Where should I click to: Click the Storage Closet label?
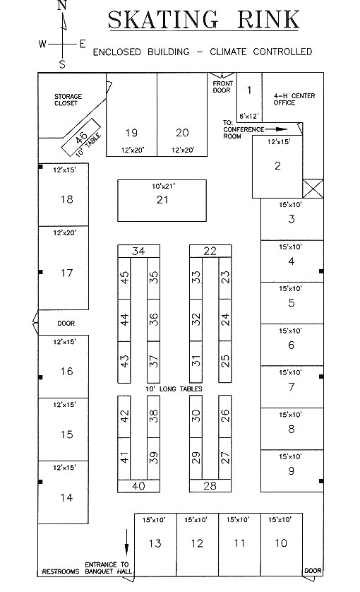pyautogui.click(x=68, y=100)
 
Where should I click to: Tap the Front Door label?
pyautogui.click(x=222, y=87)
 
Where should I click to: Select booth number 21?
pyautogui.click(x=162, y=200)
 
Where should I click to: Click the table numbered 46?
pyautogui.click(x=81, y=136)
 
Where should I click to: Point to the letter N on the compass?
pyautogui.click(x=62, y=5)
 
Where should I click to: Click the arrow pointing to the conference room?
pyautogui.click(x=277, y=129)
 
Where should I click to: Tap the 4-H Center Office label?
pyautogui.click(x=294, y=99)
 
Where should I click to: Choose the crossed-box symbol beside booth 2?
pyautogui.click(x=313, y=189)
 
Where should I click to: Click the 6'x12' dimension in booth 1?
pyautogui.click(x=249, y=117)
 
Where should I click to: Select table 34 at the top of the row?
pyautogui.click(x=138, y=251)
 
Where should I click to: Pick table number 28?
pyautogui.click(x=210, y=485)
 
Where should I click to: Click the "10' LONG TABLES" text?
pyautogui.click(x=174, y=389)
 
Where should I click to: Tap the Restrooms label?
pyautogui.click(x=61, y=572)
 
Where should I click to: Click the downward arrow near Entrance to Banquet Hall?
pyautogui.click(x=127, y=542)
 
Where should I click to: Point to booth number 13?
pyautogui.click(x=155, y=543)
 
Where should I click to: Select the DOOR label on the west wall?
pyautogui.click(x=66, y=323)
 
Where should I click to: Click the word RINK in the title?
pyautogui.click(x=268, y=20)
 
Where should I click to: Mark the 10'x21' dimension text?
pyautogui.click(x=163, y=186)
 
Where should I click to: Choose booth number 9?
pyautogui.click(x=291, y=470)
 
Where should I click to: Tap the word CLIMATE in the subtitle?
pyautogui.click(x=227, y=52)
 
